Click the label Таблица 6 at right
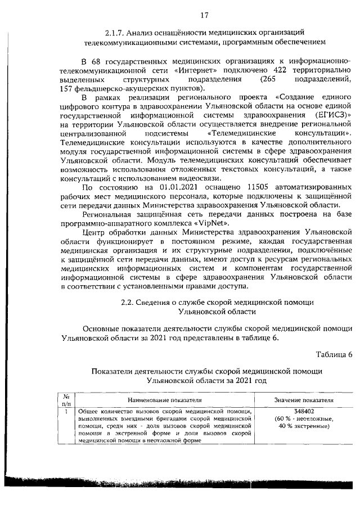point(334,354)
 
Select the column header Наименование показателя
point(164,400)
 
